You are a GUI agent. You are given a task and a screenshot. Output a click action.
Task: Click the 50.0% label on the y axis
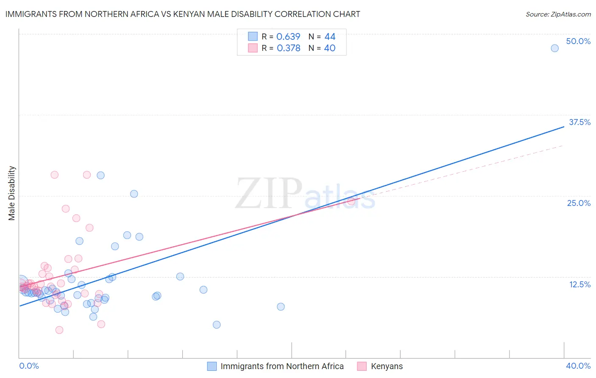pyautogui.click(x=578, y=41)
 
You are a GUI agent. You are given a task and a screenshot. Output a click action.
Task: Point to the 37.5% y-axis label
pyautogui.click(x=579, y=122)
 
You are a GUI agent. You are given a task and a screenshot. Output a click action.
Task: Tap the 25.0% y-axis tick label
pyautogui.click(x=579, y=203)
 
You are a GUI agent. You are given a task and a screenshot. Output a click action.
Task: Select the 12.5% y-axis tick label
pyautogui.click(x=579, y=284)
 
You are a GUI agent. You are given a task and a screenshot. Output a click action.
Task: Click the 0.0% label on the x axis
pyautogui.click(x=29, y=366)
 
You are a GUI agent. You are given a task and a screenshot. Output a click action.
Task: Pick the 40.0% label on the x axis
pyautogui.click(x=578, y=366)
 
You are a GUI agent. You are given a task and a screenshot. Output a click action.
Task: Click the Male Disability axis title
pyautogui.click(x=12, y=193)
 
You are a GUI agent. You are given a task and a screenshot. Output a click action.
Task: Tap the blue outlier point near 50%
pyautogui.click(x=554, y=48)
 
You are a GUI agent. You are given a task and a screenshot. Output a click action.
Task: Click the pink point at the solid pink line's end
pyautogui.click(x=351, y=201)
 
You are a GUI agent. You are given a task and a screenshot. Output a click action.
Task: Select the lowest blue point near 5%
pyautogui.click(x=217, y=325)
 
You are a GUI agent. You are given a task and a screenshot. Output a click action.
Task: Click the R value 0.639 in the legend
pyautogui.click(x=288, y=37)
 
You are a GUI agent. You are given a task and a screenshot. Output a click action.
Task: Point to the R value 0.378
pyautogui.click(x=288, y=48)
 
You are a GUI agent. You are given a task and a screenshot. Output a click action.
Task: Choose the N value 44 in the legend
pyautogui.click(x=330, y=37)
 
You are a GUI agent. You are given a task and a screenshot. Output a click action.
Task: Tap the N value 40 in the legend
pyautogui.click(x=330, y=48)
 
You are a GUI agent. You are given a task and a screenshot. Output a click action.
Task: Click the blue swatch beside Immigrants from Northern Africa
pyautogui.click(x=212, y=366)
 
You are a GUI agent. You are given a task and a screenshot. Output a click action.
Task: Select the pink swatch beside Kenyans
pyautogui.click(x=362, y=366)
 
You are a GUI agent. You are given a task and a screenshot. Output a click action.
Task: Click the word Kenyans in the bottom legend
pyautogui.click(x=387, y=366)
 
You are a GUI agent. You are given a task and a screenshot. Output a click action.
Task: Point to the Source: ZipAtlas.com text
pyautogui.click(x=558, y=14)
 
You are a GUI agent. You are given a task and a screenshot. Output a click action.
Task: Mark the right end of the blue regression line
pyautogui.click(x=564, y=126)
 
